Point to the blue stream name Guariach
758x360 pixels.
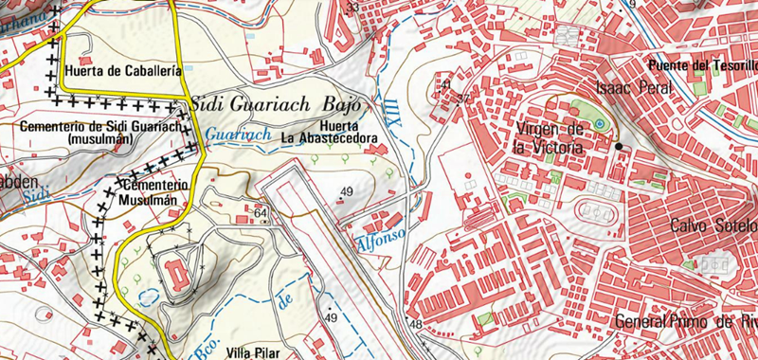(238, 135)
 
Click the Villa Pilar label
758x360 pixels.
(254, 351)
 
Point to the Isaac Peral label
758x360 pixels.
(633, 88)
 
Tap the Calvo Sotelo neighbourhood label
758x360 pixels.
(713, 225)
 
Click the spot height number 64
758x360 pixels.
(262, 214)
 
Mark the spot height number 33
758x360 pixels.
(353, 8)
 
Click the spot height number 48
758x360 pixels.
(415, 325)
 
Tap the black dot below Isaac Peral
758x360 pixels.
(619, 147)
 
